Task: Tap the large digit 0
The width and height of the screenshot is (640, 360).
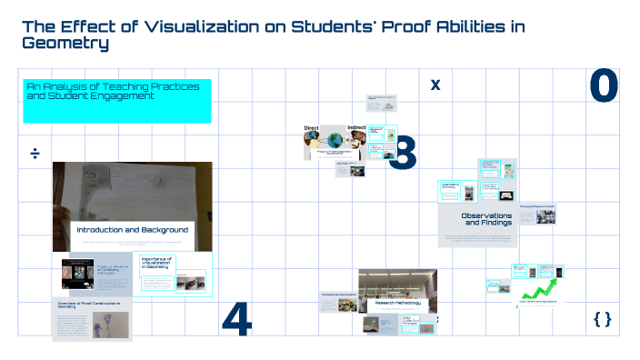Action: (x=604, y=85)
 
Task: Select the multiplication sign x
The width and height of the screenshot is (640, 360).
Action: (x=435, y=85)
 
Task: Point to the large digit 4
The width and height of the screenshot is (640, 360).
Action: (x=236, y=318)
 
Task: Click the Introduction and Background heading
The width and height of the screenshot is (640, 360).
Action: (x=132, y=230)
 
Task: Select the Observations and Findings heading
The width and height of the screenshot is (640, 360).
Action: (x=486, y=219)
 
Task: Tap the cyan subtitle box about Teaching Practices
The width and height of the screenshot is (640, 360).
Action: (x=116, y=100)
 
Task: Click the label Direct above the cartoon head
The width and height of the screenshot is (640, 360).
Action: (x=312, y=128)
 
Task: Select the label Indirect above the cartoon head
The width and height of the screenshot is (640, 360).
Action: (x=357, y=128)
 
